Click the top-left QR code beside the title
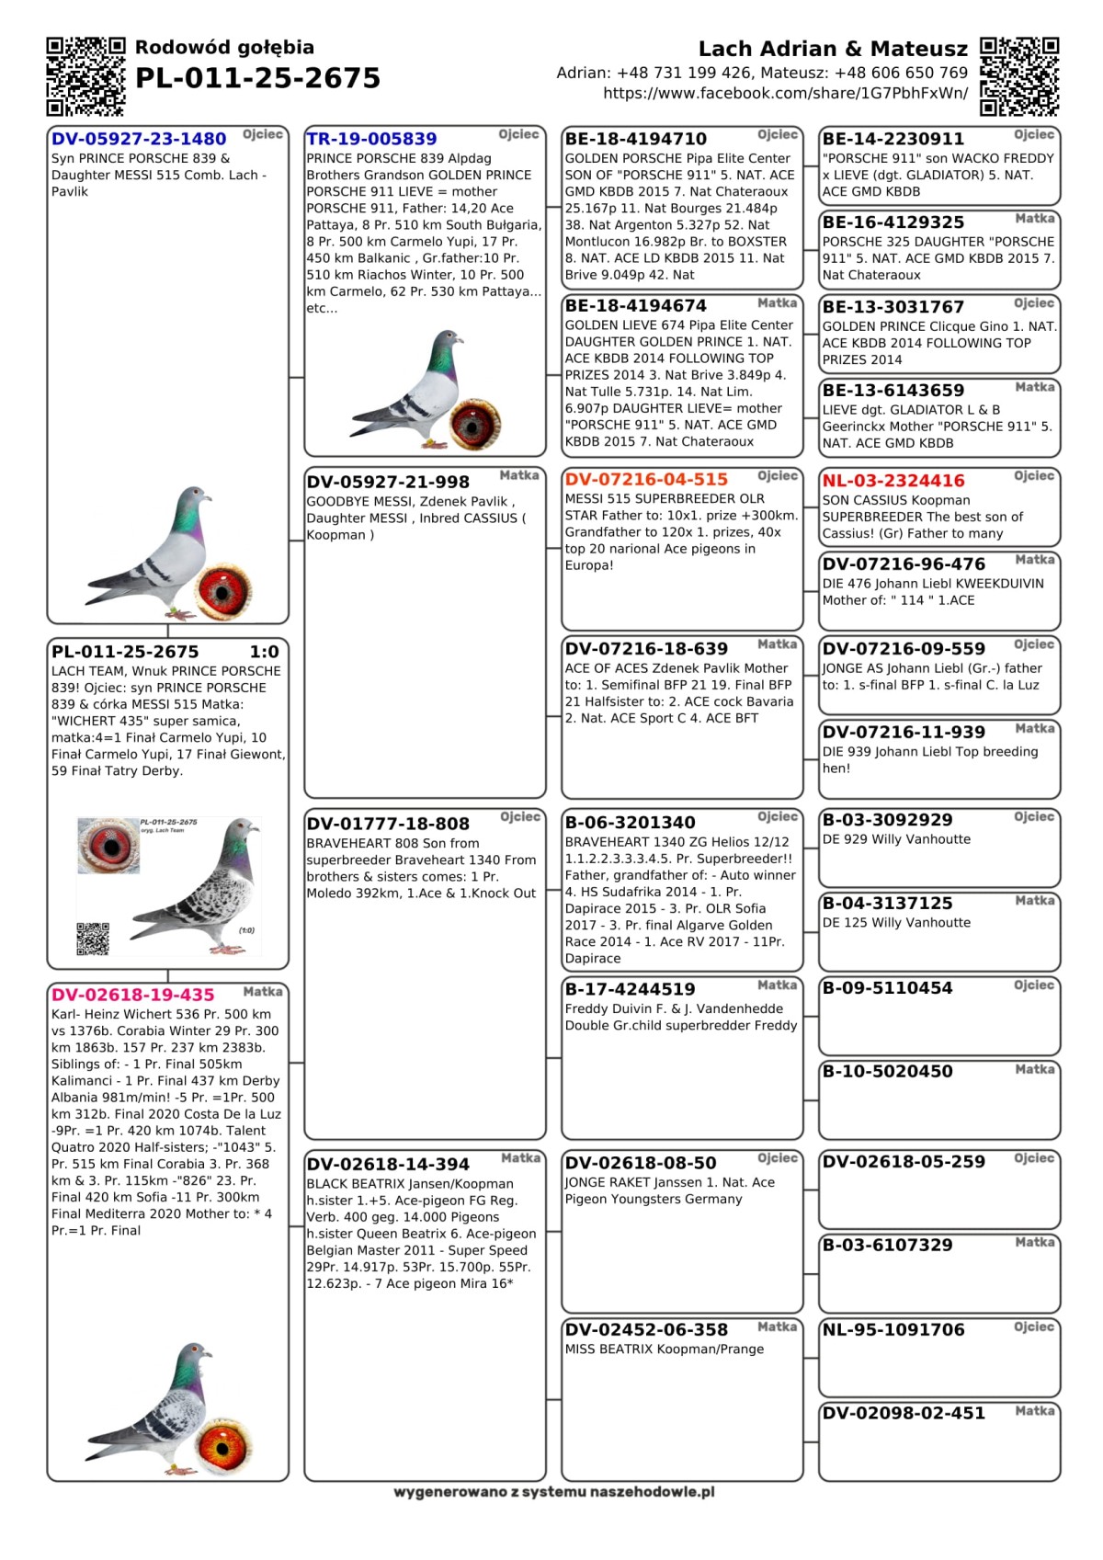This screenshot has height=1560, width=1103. (x=85, y=76)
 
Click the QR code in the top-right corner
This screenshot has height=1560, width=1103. (x=1018, y=76)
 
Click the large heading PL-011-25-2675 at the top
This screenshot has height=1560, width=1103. (x=257, y=78)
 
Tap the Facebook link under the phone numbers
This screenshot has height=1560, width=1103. (x=785, y=93)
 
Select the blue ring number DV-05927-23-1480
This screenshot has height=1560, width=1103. (x=139, y=139)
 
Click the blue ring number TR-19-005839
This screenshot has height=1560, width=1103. (x=371, y=139)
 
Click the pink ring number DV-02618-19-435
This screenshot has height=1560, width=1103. (x=132, y=995)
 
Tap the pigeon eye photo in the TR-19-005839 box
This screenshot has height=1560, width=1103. (x=475, y=423)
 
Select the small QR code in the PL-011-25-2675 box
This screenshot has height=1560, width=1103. (x=93, y=939)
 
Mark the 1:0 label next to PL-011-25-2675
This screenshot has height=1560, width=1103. (x=264, y=652)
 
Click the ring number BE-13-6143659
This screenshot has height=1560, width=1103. (x=893, y=390)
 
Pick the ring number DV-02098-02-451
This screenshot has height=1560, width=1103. (x=904, y=1413)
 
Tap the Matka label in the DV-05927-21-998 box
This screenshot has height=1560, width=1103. (x=519, y=475)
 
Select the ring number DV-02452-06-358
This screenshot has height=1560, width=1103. (x=646, y=1329)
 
